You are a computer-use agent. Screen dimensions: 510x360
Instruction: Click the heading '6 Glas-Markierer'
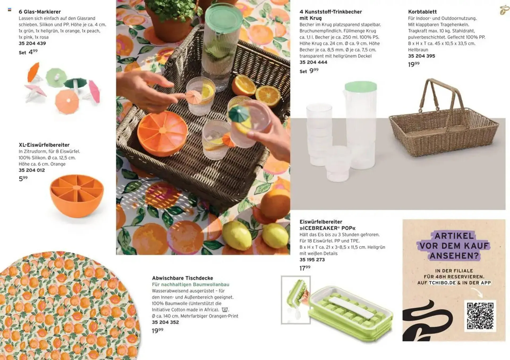point(40,12)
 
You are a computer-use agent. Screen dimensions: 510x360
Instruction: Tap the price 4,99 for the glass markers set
point(33,52)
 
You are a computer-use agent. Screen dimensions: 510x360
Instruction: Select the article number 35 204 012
point(32,170)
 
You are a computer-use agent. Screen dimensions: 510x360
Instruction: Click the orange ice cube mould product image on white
point(77,196)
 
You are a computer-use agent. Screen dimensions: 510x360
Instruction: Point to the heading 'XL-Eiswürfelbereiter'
point(44,145)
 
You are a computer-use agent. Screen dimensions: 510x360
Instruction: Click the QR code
point(480,316)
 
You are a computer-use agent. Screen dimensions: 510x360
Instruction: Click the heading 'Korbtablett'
point(422,12)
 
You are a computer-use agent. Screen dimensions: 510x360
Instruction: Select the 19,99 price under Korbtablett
point(414,64)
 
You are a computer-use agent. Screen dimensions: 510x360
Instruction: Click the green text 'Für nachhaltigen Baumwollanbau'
point(190,284)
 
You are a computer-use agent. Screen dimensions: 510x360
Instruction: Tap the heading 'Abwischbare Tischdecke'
point(182,278)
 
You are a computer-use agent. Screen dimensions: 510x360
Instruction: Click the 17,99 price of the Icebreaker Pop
point(305,268)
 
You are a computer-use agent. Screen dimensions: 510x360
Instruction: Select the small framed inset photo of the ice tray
point(296,300)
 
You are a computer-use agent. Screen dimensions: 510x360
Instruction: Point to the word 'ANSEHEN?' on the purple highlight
point(454,256)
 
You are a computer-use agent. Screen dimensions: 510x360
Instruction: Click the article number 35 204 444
point(313,62)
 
